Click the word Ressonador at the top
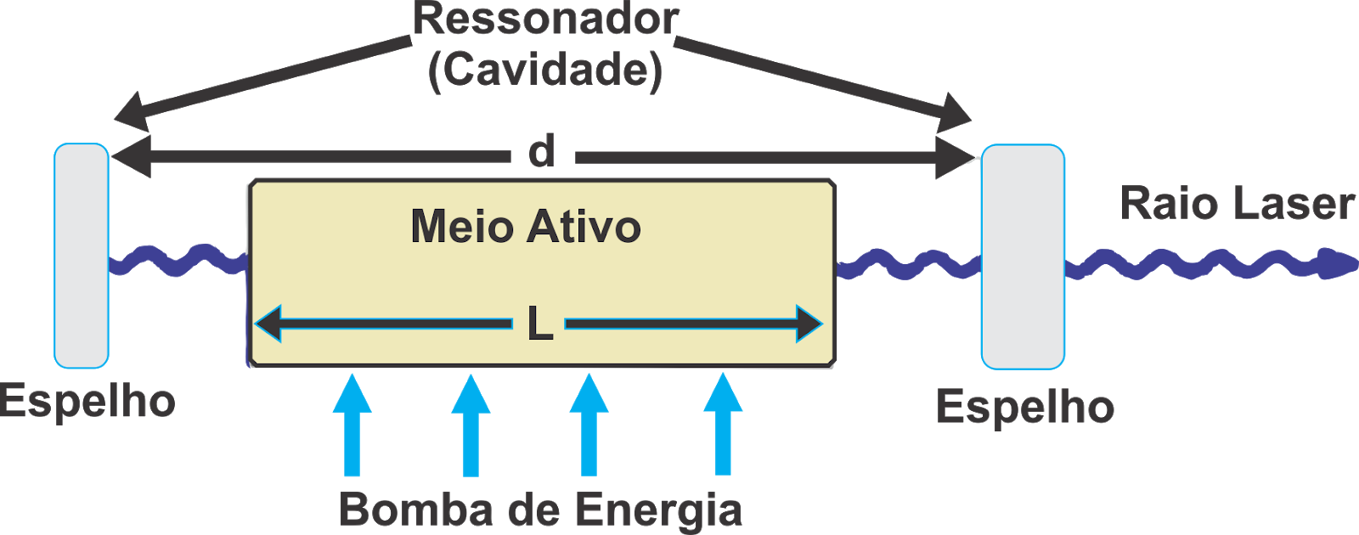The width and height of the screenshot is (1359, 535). (x=545, y=19)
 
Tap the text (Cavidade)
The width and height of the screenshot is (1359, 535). (x=545, y=70)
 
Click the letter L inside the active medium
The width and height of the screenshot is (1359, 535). (x=540, y=324)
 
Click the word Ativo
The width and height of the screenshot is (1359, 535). (x=584, y=227)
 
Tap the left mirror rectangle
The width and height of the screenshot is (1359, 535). (x=82, y=255)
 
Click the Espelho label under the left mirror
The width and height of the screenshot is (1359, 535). (x=87, y=401)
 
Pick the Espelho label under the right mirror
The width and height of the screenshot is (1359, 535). (x=1025, y=408)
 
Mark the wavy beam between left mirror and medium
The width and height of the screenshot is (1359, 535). (x=178, y=259)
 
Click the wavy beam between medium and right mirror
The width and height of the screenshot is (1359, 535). (x=907, y=265)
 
